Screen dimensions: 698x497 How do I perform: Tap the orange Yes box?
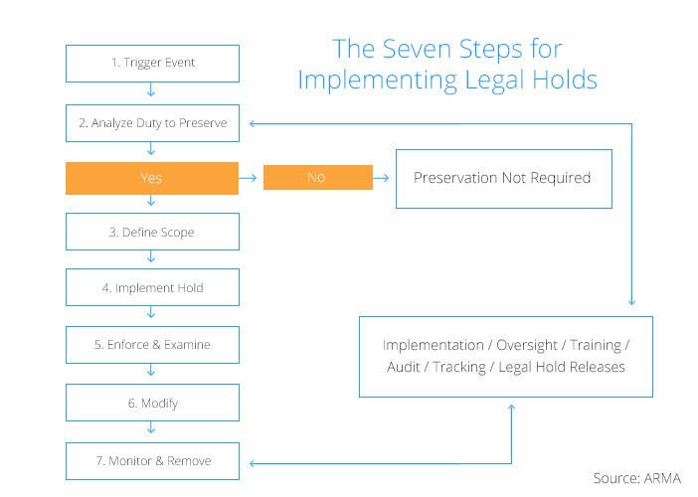[152, 178]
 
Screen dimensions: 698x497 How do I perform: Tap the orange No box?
[318, 177]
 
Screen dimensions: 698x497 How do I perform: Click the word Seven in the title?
[417, 49]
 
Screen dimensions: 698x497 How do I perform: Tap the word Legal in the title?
[494, 81]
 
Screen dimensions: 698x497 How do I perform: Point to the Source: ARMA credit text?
[637, 478]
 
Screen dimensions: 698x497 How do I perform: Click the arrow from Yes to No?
[248, 178]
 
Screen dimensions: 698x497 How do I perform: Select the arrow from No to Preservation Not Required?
[381, 178]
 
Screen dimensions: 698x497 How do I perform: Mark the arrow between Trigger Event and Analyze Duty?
[151, 89]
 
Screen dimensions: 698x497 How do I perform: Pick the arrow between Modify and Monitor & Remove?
[151, 427]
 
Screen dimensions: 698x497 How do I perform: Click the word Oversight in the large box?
[527, 345]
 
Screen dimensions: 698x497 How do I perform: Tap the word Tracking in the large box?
[459, 367]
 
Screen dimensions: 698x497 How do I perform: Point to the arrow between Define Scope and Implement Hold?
[151, 256]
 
